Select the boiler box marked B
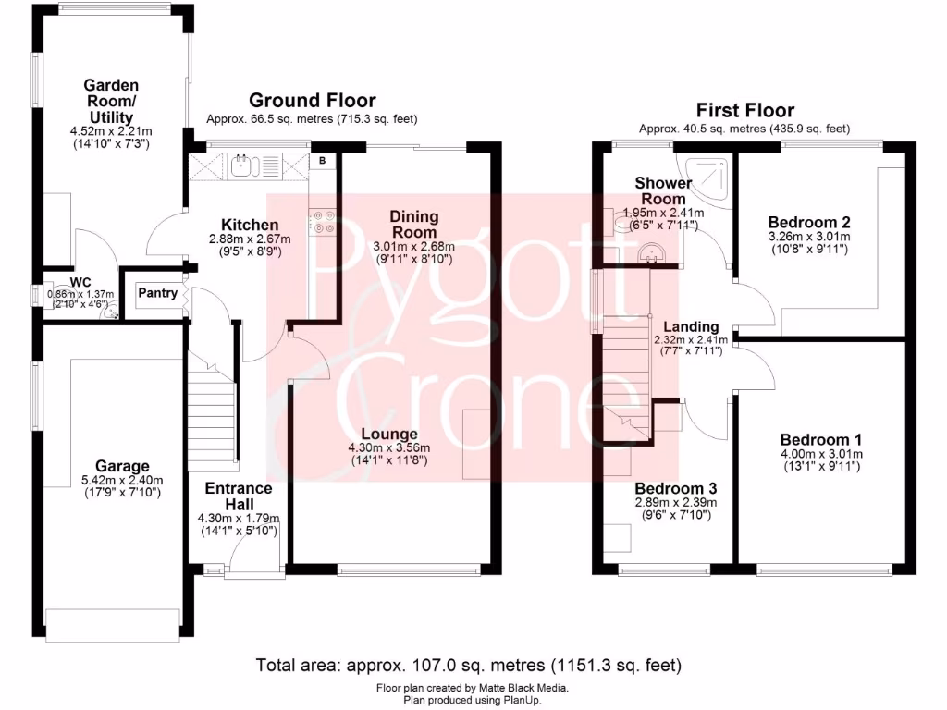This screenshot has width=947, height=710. click(323, 161)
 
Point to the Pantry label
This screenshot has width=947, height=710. click(157, 293)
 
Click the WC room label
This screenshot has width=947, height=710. click(80, 284)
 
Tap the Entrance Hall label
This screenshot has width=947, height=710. click(238, 488)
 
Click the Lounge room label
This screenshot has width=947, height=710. click(389, 434)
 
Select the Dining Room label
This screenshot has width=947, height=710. click(414, 224)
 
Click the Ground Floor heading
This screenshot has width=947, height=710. click(312, 101)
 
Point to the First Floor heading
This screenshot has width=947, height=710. click(744, 111)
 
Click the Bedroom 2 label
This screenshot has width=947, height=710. click(808, 222)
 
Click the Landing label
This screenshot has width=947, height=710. click(691, 326)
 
